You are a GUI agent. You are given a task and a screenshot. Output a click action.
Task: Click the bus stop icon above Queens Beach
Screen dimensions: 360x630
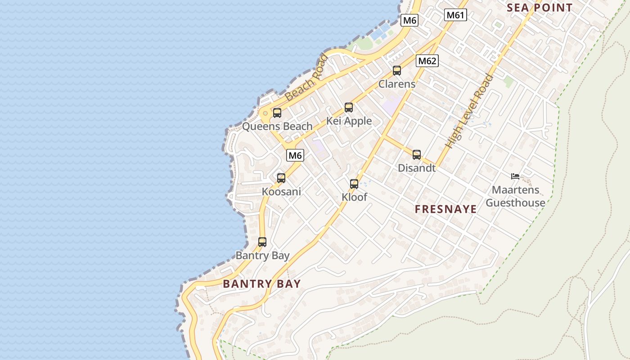(x=277, y=113)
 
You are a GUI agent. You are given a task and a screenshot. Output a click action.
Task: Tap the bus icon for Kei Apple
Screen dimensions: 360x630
(x=349, y=108)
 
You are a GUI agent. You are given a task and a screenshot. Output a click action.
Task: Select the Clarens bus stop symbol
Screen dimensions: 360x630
(x=396, y=71)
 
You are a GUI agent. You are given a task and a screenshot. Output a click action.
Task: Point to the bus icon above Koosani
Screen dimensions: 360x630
(x=281, y=178)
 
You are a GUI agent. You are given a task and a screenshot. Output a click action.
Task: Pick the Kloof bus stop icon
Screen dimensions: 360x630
(x=354, y=184)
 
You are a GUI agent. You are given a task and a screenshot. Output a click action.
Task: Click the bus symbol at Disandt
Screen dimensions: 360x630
(x=417, y=155)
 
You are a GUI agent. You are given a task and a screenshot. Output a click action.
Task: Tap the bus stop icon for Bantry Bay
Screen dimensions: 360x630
(x=262, y=242)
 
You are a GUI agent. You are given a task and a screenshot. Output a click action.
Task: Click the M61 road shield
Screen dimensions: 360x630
(x=455, y=15)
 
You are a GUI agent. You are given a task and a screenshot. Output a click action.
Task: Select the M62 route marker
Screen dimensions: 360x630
(x=427, y=61)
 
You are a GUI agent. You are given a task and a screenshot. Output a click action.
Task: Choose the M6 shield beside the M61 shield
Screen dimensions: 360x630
(x=409, y=20)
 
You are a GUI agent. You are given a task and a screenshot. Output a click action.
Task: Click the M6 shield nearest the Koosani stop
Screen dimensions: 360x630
(x=295, y=156)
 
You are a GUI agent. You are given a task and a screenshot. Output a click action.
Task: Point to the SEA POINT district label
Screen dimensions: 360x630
(x=540, y=8)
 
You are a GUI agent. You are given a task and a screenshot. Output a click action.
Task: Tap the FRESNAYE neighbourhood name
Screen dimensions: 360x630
(x=445, y=209)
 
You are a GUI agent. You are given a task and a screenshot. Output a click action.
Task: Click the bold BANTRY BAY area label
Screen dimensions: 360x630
(x=262, y=284)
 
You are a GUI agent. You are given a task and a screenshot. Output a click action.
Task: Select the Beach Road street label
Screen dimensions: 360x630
(x=306, y=77)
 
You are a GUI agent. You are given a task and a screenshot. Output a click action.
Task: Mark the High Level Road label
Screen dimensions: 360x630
(x=469, y=112)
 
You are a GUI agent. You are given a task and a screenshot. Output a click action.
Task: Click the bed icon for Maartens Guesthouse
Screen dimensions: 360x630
(x=515, y=176)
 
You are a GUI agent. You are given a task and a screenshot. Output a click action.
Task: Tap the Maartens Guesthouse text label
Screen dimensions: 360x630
(x=515, y=197)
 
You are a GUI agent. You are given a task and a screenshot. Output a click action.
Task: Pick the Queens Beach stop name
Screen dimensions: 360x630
(x=277, y=126)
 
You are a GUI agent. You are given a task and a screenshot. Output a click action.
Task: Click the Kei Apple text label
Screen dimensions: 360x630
(x=349, y=121)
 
